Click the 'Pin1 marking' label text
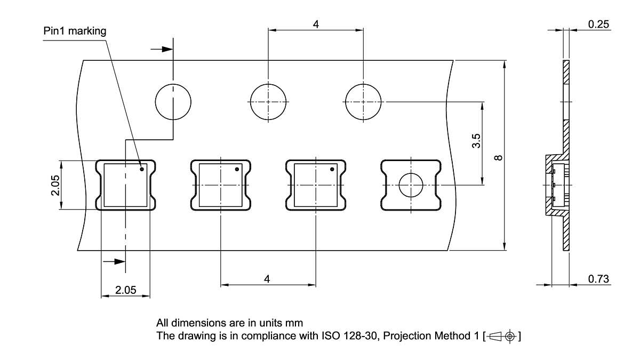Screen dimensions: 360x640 75,31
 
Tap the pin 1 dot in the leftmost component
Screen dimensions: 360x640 142,170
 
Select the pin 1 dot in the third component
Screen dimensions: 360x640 332,170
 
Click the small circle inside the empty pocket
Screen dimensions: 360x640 411,185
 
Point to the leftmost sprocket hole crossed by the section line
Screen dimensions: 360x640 173,101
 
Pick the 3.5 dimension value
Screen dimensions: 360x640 477,141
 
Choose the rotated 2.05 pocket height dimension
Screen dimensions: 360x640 55,185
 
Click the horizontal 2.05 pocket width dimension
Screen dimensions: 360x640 126,290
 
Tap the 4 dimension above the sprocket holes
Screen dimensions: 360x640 316,25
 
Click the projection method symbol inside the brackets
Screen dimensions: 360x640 502,337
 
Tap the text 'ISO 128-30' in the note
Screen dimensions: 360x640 343,336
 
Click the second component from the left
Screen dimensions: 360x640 220,185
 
